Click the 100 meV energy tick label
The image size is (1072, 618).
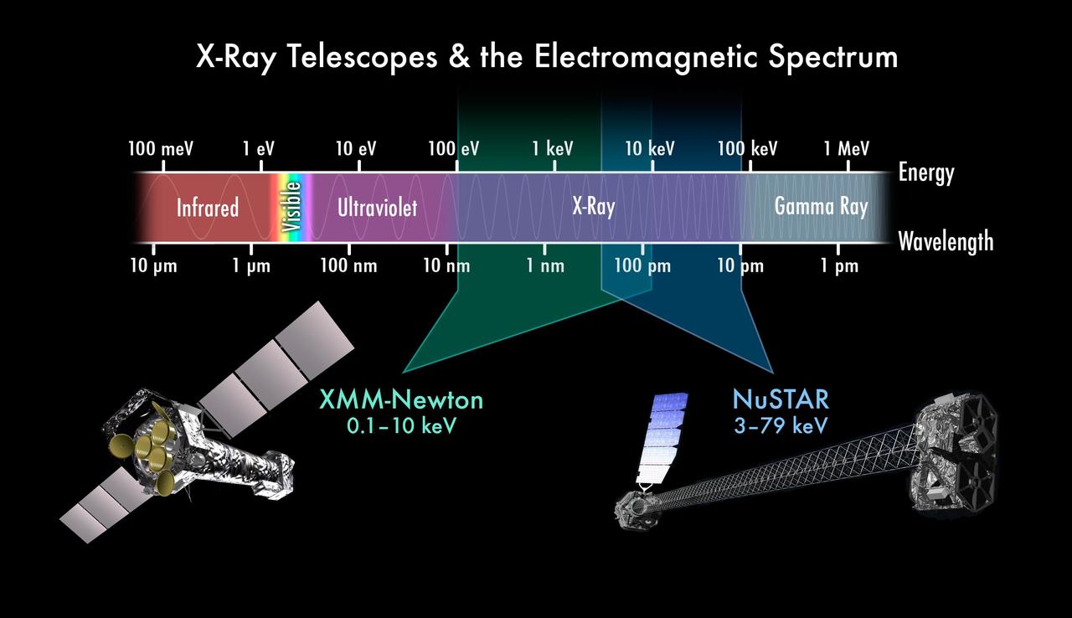(x=161, y=149)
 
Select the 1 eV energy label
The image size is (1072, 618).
(x=258, y=149)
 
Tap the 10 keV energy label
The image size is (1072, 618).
(x=650, y=149)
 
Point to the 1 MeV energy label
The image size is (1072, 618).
(x=846, y=149)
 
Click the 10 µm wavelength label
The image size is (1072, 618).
(x=154, y=266)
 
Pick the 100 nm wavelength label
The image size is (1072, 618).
(x=348, y=266)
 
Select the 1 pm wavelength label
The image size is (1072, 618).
(x=839, y=266)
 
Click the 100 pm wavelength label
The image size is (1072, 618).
(x=642, y=266)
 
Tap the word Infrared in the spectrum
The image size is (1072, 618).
(x=208, y=208)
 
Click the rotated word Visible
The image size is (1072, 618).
(x=291, y=207)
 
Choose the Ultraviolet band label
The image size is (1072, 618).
(x=377, y=208)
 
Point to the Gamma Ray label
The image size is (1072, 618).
(x=821, y=206)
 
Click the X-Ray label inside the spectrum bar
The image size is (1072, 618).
(x=593, y=207)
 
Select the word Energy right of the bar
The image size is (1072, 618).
(x=926, y=173)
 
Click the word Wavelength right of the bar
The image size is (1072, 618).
(x=946, y=242)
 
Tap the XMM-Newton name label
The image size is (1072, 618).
(x=401, y=399)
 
